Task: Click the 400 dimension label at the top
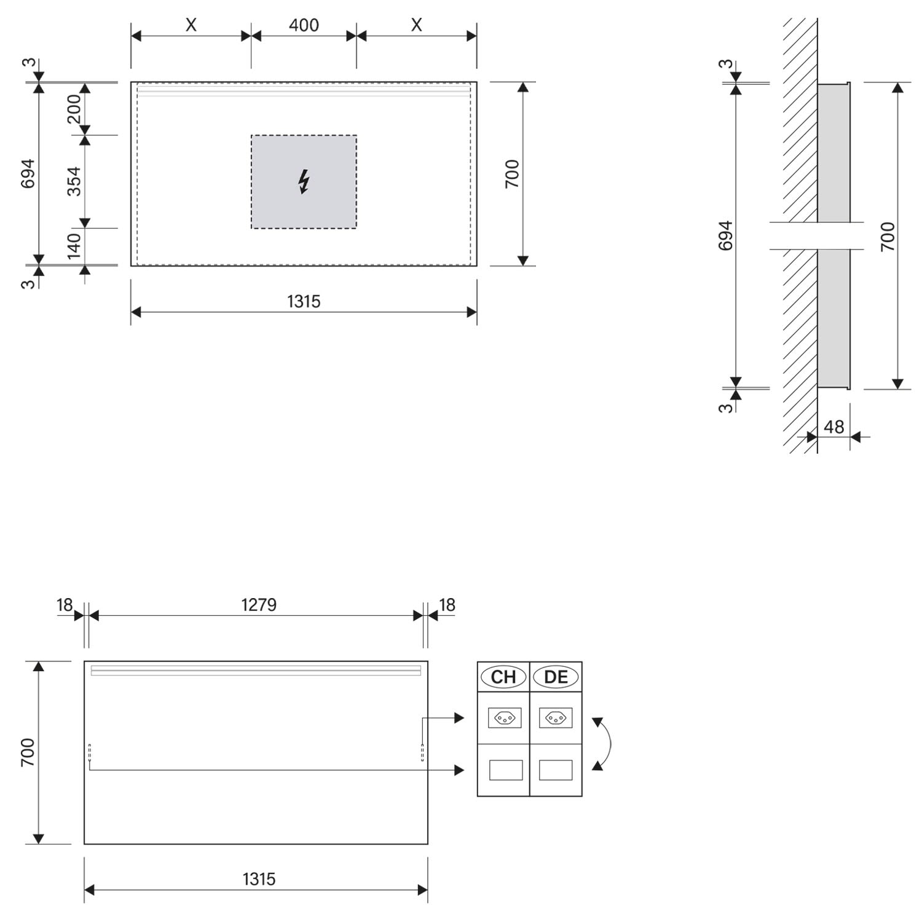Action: pos(304,25)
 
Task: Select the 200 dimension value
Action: pos(74,109)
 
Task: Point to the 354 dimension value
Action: pos(74,181)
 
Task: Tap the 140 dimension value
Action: pos(74,246)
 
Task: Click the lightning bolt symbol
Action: pos(304,182)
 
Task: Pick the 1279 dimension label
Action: pos(259,605)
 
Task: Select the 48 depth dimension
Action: pos(833,427)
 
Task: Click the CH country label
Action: pos(503,677)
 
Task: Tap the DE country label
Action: pos(556,677)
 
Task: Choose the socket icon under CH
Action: pos(505,718)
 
